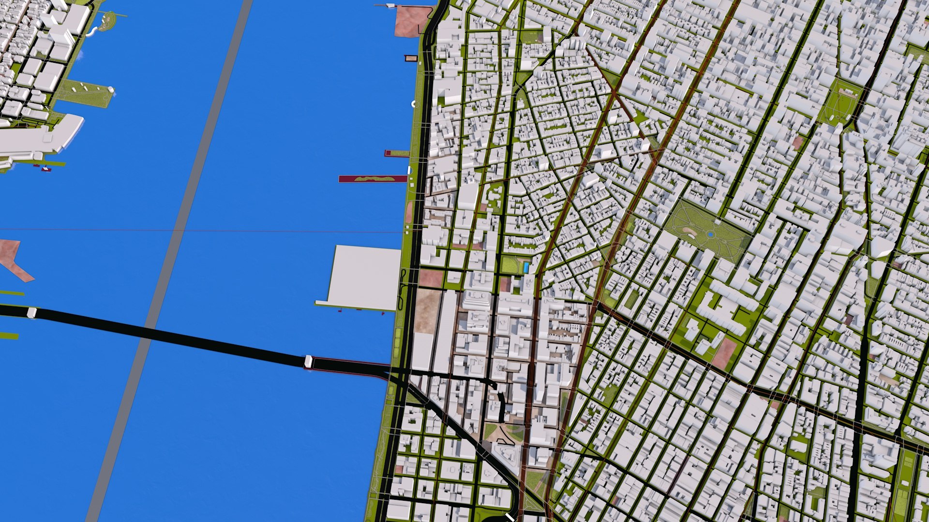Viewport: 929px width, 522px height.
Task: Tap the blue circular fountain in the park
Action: click(710, 234)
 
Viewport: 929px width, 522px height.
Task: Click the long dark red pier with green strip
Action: click(373, 179)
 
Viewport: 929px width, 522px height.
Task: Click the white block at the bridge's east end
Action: click(308, 361)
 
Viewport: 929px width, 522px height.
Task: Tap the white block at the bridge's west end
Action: click(31, 313)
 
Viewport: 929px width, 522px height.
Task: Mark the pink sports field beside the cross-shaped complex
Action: click(724, 353)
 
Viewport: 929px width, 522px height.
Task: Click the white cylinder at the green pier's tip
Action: click(111, 89)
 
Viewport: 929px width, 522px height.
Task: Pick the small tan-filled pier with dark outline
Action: click(411, 58)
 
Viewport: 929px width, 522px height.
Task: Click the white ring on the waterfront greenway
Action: click(414, 103)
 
